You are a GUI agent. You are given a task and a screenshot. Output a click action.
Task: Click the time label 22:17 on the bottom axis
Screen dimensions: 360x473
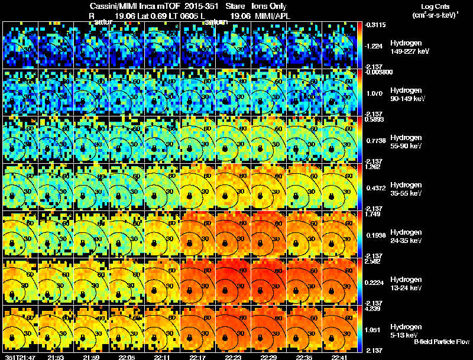(x=198, y=357)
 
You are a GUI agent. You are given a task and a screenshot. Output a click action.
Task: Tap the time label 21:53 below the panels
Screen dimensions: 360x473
(x=56, y=357)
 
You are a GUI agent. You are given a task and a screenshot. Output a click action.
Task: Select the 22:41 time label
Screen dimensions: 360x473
(x=341, y=357)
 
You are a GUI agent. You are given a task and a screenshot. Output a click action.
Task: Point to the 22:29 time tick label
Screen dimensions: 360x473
(x=270, y=357)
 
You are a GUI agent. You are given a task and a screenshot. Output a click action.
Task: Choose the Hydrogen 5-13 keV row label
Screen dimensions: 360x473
(x=405, y=330)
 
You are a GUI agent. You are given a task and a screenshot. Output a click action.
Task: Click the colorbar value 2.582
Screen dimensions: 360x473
(x=372, y=261)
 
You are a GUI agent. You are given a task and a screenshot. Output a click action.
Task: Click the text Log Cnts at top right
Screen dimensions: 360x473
(x=429, y=6)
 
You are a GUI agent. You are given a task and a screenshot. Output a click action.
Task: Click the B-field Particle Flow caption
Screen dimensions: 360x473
(x=442, y=342)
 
